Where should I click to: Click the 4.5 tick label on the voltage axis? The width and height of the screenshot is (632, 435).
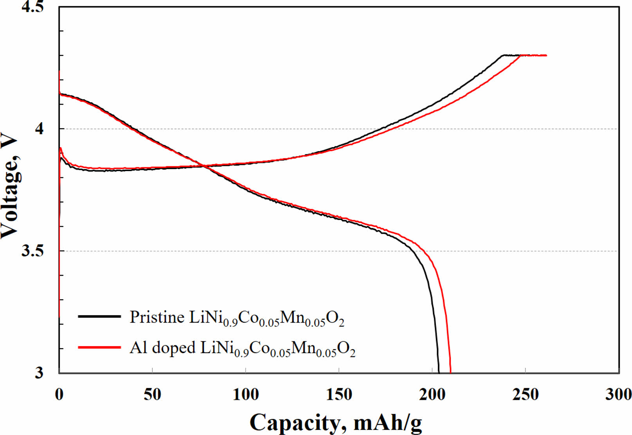33,7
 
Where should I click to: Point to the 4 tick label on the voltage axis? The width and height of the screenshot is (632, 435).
39,129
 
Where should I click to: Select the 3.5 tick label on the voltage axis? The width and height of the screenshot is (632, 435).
33,251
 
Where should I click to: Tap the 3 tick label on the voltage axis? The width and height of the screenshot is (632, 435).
39,372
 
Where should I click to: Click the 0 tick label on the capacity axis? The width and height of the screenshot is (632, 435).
59,394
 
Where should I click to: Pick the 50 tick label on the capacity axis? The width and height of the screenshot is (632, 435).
152,394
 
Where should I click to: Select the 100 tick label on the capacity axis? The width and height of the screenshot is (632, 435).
246,394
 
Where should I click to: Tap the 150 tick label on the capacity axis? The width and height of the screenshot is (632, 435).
339,394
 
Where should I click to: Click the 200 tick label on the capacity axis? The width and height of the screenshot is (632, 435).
432,394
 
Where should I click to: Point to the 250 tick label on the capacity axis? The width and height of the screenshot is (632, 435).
525,394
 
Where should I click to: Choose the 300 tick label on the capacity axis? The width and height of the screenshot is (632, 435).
618,394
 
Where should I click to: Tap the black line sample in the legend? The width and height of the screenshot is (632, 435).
99,316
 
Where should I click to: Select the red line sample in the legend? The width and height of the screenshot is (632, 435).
99,347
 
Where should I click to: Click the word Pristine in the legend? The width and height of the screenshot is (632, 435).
157,317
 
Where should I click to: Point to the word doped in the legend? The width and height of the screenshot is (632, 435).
173,348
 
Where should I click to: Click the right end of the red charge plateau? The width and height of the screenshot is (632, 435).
546,56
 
